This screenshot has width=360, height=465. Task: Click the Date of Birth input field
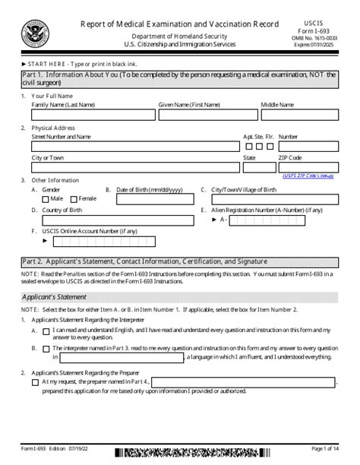coord(149,199)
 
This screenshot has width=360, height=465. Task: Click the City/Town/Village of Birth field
coord(273,199)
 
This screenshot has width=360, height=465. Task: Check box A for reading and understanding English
coord(46,331)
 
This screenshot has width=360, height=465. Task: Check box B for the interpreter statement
coord(46,348)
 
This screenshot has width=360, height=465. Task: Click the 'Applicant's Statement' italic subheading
coord(55,297)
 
